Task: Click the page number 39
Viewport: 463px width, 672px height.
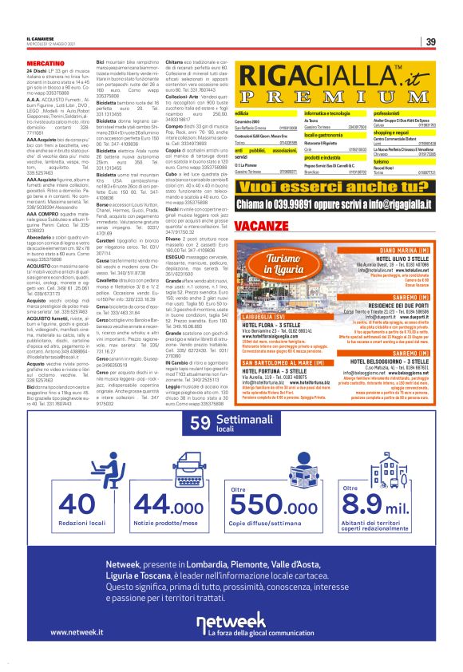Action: click(x=430, y=42)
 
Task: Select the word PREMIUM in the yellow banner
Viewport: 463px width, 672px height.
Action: click(x=334, y=96)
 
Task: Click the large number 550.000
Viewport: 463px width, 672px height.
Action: click(x=274, y=505)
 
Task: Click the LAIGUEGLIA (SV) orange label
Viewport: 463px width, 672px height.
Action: click(x=264, y=338)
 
